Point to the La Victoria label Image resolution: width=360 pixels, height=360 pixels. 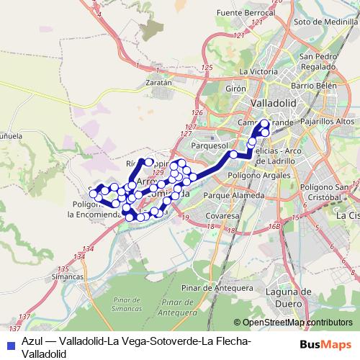pyautogui.click(x=258, y=72)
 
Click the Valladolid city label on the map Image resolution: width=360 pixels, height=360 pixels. pyautogui.click(x=273, y=104)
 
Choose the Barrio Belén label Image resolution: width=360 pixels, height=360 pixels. pyautogui.click(x=314, y=85)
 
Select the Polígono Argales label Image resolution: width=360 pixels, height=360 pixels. pyautogui.click(x=250, y=175)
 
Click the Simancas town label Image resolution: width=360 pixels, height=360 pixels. pyautogui.click(x=68, y=276)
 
